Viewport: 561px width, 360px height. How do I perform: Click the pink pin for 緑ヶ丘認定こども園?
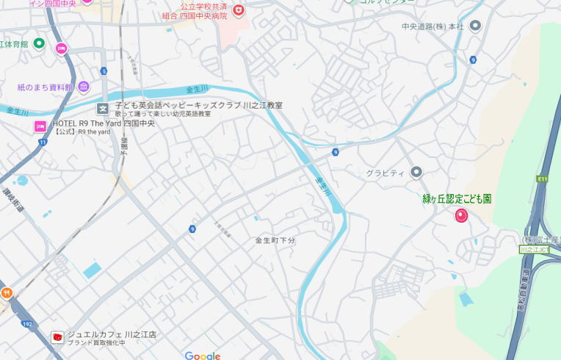pyautogui.click(x=461, y=215)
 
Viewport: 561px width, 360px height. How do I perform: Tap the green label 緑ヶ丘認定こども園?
pyautogui.click(x=457, y=198)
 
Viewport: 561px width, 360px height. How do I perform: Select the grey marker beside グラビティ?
pyautogui.click(x=416, y=172)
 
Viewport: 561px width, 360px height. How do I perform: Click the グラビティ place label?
pyautogui.click(x=386, y=173)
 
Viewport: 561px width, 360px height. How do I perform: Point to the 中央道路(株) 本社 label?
pyautogui.click(x=432, y=26)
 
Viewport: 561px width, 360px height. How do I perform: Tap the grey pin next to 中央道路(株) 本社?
pyautogui.click(x=475, y=26)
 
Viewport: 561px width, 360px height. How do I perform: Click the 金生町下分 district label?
pyautogui.click(x=275, y=240)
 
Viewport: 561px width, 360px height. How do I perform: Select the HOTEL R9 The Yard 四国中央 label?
pyautogui.click(x=104, y=123)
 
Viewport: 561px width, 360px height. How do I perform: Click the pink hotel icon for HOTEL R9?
pyautogui.click(x=40, y=126)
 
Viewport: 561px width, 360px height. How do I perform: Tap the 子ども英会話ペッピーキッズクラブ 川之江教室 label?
pyautogui.click(x=198, y=105)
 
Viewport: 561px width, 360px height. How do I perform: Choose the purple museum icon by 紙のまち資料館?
pyautogui.click(x=84, y=87)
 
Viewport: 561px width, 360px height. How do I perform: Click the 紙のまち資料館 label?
pyautogui.click(x=46, y=87)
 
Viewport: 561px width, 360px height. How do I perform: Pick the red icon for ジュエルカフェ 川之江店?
pyautogui.click(x=57, y=337)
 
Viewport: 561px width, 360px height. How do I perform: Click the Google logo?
pyautogui.click(x=203, y=356)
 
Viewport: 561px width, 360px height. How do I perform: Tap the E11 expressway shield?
pyautogui.click(x=543, y=178)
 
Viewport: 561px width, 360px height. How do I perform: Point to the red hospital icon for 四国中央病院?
pyautogui.click(x=239, y=10)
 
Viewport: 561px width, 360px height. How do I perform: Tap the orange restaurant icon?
pyautogui.click(x=7, y=292)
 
